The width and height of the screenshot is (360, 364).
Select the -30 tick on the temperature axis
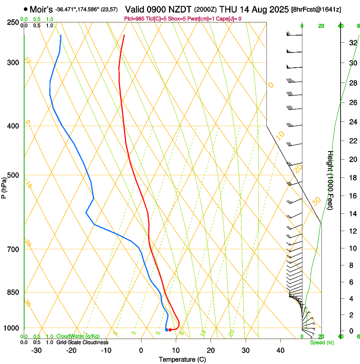(x=36, y=350)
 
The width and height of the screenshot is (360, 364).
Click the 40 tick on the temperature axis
(x=280, y=350)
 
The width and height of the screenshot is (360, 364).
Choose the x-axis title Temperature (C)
(x=182, y=359)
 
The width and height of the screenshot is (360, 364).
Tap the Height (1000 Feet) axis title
(x=330, y=180)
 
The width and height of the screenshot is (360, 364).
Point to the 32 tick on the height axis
(x=352, y=43)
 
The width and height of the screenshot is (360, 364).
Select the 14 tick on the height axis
(x=352, y=214)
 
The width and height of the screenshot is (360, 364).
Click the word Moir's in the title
(x=42, y=9)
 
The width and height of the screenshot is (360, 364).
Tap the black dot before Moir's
(x=26, y=9)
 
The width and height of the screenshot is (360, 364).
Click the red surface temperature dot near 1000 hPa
(x=170, y=330)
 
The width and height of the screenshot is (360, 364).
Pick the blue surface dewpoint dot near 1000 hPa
(x=166, y=330)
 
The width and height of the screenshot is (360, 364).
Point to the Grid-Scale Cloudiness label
(x=82, y=342)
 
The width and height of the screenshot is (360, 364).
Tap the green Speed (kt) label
(x=321, y=342)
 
